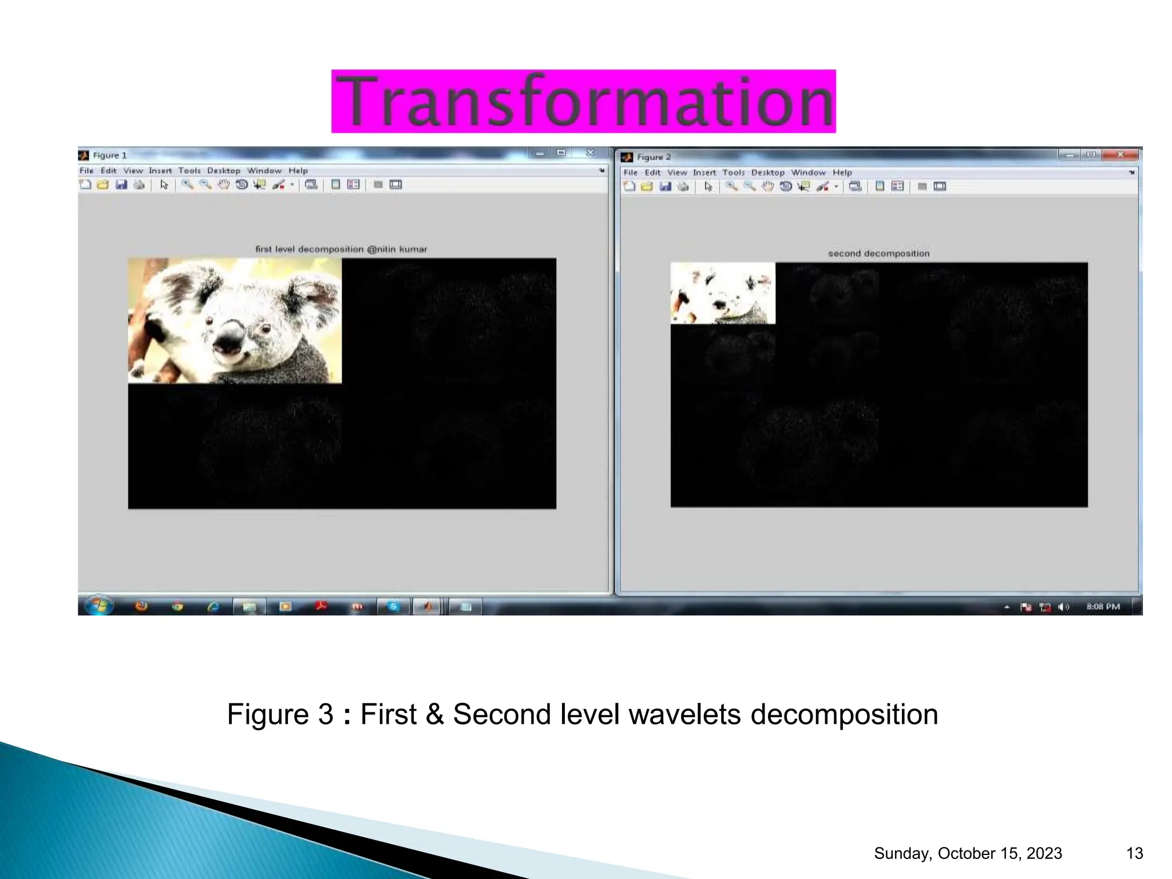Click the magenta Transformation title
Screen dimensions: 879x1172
[583, 101]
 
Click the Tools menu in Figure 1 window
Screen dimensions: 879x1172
[189, 171]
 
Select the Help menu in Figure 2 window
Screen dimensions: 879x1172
[842, 172]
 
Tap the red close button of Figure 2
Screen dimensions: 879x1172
[1120, 155]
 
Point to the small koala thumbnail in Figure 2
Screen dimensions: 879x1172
[723, 293]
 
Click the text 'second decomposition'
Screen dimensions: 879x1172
[878, 254]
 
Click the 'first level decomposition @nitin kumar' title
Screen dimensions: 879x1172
[341, 249]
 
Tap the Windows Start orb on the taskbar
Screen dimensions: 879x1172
[99, 606]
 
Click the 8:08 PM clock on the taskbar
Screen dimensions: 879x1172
[1103, 607]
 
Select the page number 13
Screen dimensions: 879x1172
[1134, 853]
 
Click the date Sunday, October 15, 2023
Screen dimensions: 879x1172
[968, 853]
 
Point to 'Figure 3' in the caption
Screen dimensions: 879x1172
[280, 714]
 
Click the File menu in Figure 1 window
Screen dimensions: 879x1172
[86, 171]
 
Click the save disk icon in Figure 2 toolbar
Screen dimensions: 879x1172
[665, 187]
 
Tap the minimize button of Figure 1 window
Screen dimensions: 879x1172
[540, 153]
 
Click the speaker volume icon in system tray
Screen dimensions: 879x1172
[1063, 607]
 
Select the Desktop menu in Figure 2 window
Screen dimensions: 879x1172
[767, 172]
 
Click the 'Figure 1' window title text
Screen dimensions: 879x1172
[109, 155]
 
